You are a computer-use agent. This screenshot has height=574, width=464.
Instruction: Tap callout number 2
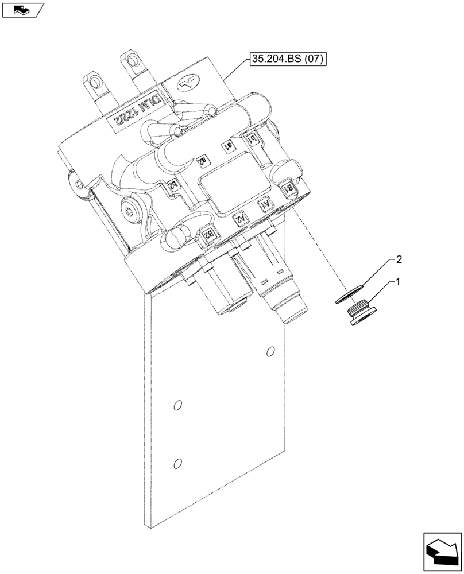[x=398, y=259]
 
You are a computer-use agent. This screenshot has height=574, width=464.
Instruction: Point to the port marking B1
[x=291, y=187]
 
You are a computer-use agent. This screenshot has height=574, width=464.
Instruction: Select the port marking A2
[x=239, y=218]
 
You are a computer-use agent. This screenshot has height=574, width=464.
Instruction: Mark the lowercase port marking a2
[x=202, y=161]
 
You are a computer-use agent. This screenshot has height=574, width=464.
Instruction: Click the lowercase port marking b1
[x=251, y=138]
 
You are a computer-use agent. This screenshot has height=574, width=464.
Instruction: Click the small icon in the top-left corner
[x=22, y=9]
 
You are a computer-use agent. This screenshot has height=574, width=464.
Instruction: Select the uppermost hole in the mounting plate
[x=270, y=351]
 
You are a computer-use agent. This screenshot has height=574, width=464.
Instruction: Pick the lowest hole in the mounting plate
[x=177, y=463]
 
